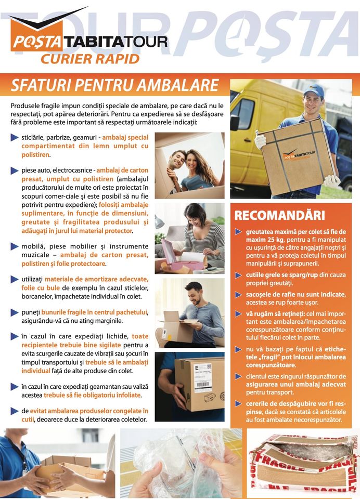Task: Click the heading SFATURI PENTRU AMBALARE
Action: tap(114, 85)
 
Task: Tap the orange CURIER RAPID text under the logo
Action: tap(90, 59)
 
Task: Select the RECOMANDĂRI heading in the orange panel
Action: tap(279, 215)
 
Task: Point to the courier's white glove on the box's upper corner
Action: tap(260, 140)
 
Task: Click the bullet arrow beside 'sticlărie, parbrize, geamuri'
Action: tap(15, 137)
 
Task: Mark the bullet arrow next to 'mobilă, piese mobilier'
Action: tap(15, 246)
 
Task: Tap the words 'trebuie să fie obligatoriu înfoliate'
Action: tap(93, 395)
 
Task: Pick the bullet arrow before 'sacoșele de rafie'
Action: tap(238, 295)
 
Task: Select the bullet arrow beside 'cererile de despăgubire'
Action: tap(238, 404)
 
